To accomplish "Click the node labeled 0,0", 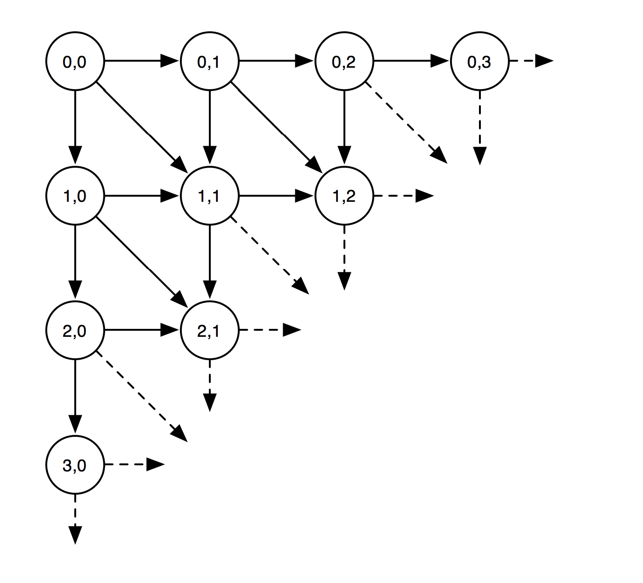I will [75, 61].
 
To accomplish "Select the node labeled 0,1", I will [209, 61].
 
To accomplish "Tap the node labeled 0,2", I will [344, 61].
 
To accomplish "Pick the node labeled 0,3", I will [479, 61].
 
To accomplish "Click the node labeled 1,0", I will [75, 196].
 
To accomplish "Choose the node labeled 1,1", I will [209, 196].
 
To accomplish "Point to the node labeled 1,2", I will [344, 196].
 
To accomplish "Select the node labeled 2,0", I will [75, 331].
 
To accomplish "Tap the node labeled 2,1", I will [209, 331].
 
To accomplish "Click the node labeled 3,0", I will [75, 465].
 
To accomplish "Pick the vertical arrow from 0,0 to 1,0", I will [75, 126].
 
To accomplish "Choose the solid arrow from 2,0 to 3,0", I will [75, 397].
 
